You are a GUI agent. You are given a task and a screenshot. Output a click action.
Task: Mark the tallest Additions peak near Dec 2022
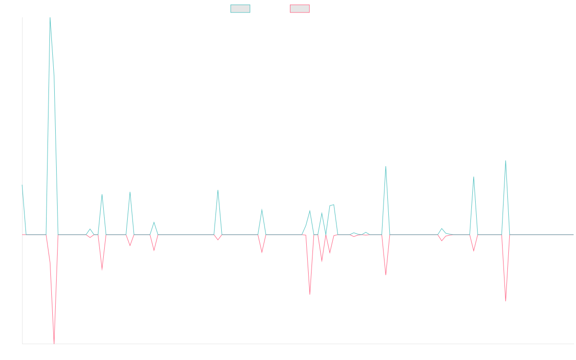coord(50,17)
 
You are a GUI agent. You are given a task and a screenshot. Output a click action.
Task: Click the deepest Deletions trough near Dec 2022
coord(54,343)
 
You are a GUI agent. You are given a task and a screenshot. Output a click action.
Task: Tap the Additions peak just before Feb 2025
coord(505,161)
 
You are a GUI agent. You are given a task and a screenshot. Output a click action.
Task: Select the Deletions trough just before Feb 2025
coord(505,301)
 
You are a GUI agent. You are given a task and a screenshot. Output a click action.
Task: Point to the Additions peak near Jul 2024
coord(386,167)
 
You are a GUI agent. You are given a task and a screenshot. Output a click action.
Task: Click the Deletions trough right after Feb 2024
coord(310,294)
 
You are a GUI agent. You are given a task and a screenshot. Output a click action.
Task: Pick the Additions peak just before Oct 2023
coord(218,191)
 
